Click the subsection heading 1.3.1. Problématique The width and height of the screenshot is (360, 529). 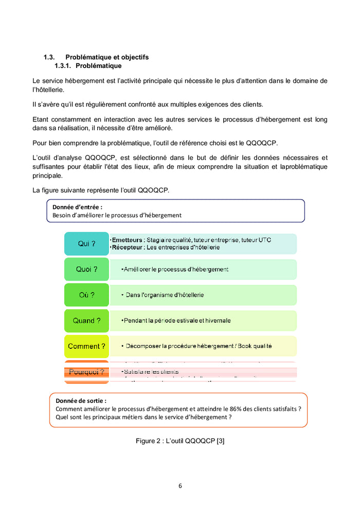click(x=88, y=66)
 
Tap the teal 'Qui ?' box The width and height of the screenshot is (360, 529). click(x=86, y=244)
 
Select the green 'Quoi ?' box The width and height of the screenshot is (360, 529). click(x=86, y=269)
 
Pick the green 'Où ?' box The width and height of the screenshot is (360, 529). click(x=86, y=295)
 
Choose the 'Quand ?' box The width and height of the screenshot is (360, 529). click(x=86, y=321)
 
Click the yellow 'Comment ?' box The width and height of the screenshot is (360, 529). click(x=86, y=346)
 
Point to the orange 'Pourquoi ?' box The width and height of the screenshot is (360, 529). click(x=86, y=372)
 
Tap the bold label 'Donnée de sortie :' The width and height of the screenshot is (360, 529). click(x=81, y=400)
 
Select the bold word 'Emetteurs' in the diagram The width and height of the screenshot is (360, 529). click(x=128, y=240)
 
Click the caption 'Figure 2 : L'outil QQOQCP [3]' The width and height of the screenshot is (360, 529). click(x=180, y=441)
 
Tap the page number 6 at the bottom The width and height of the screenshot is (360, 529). click(x=180, y=485)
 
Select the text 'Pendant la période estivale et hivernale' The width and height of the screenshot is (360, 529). click(x=177, y=321)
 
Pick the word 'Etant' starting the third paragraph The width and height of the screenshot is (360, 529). click(x=41, y=119)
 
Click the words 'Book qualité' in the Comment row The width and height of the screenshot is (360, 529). click(x=255, y=346)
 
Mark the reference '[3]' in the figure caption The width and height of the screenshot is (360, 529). click(x=220, y=441)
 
